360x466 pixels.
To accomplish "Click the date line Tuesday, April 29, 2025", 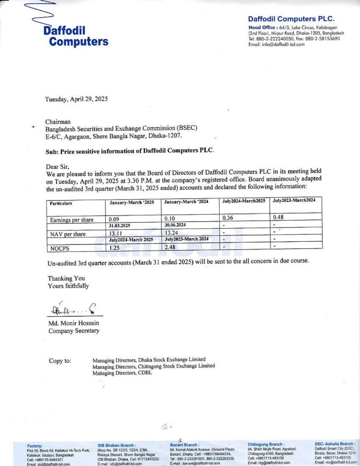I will [x=76, y=99].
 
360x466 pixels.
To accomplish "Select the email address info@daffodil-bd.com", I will [x=276, y=44].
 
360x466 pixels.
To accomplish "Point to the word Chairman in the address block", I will [x=58, y=122].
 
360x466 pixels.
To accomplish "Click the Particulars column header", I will [x=61, y=203].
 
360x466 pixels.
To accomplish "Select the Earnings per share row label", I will [x=71, y=220].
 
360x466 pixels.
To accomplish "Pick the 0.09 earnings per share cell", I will [x=114, y=219].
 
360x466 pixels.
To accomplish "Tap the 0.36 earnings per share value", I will [x=228, y=218].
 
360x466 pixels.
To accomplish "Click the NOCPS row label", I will [x=60, y=248].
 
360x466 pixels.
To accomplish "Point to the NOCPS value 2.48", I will [x=170, y=247].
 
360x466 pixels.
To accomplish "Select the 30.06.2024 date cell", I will [x=175, y=225].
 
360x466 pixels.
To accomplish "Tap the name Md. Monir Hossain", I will [x=74, y=323].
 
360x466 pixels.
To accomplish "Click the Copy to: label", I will [x=60, y=361].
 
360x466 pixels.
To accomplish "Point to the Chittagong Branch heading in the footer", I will [x=266, y=444].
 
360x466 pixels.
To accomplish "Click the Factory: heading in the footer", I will [x=35, y=446].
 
